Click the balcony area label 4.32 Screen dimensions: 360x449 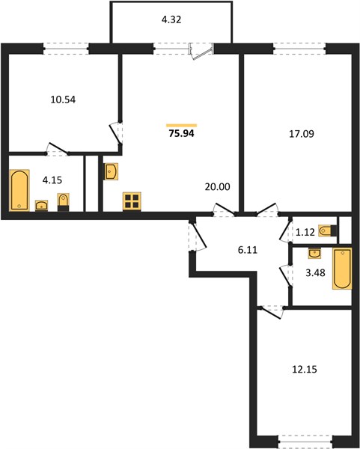(171, 19)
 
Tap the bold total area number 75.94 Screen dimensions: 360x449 (182, 133)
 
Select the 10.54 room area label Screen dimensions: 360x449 (63, 100)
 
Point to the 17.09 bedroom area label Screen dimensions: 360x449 (302, 134)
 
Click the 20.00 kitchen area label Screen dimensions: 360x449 (218, 186)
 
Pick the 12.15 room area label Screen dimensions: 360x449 (305, 370)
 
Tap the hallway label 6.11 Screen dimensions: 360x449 (248, 250)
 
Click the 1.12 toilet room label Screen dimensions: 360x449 (305, 232)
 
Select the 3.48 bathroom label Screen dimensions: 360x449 (315, 272)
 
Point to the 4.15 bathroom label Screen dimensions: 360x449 (52, 180)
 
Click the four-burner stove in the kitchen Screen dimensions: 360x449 (132, 201)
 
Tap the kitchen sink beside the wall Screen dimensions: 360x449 (111, 171)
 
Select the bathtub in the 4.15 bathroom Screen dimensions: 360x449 (19, 190)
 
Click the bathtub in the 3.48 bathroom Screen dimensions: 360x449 (342, 269)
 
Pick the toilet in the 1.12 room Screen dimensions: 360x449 (329, 230)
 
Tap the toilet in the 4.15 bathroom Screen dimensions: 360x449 (63, 202)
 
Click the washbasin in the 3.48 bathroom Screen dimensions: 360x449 (315, 254)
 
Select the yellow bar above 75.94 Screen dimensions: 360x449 (182, 125)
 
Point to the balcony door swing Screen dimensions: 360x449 (201, 52)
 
